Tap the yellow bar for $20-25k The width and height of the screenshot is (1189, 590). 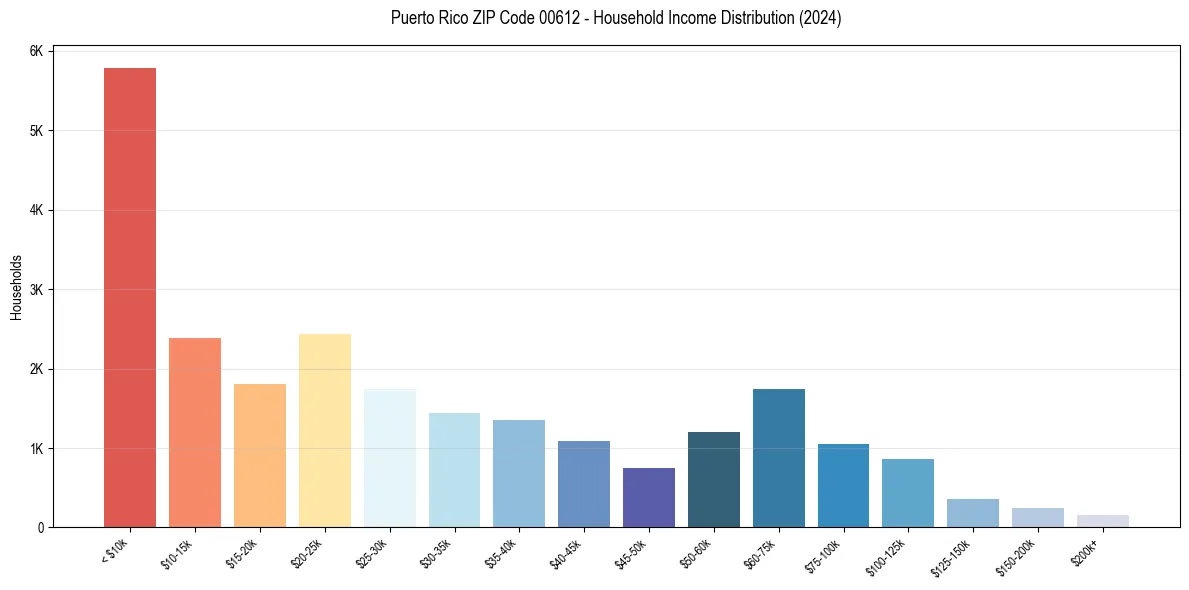click(325, 430)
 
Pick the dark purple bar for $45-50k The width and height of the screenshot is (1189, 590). click(649, 497)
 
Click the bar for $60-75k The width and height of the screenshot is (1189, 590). click(779, 457)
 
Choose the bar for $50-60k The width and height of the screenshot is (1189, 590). click(714, 479)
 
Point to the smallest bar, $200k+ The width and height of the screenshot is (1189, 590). click(1103, 521)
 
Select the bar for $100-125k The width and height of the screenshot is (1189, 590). click(908, 493)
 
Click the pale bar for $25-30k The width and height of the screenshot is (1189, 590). click(390, 457)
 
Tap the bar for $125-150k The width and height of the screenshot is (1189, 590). click(973, 512)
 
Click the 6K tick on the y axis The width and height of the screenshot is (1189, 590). click(37, 51)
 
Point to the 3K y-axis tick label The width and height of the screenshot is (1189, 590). click(37, 290)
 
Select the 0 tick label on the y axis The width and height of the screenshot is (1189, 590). click(41, 528)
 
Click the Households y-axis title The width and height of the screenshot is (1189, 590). click(16, 287)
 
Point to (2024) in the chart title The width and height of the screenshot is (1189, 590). click(817, 18)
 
